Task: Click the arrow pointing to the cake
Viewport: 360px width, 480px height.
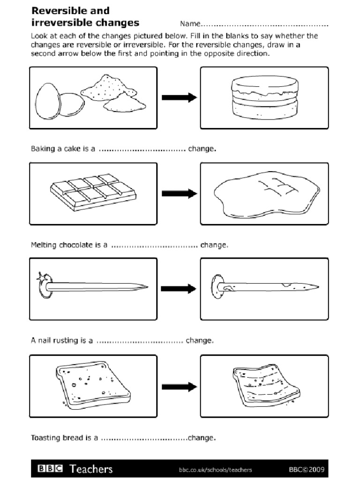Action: [179, 97]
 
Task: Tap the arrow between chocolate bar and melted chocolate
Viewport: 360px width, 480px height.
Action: [179, 193]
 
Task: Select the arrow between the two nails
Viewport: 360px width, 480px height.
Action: [179, 289]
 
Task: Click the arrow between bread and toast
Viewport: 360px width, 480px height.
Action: [179, 387]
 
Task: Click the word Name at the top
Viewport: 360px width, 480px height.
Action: [189, 24]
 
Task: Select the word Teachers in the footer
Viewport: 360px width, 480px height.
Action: [91, 469]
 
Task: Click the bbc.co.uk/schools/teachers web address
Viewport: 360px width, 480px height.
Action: [215, 469]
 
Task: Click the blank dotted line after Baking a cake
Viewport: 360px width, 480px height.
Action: [142, 150]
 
